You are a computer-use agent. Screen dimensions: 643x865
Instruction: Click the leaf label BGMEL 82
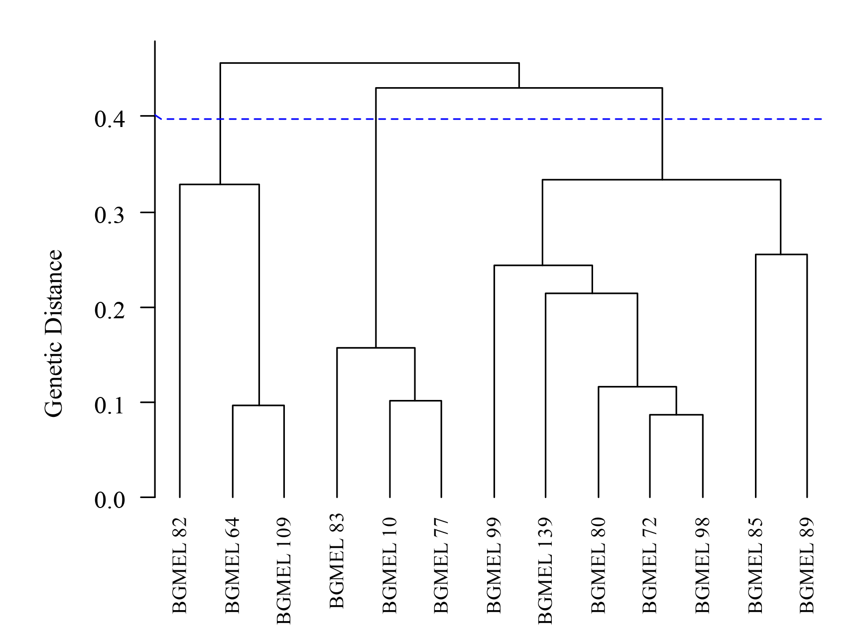coord(180,565)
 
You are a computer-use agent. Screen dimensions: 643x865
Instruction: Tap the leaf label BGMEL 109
coord(283,571)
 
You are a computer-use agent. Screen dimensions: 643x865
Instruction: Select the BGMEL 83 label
coord(337,560)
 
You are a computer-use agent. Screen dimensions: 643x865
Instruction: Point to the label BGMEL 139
coord(545,571)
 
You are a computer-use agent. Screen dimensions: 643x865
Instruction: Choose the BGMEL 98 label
coord(702,565)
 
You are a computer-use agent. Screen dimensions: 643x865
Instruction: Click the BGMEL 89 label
coord(807,565)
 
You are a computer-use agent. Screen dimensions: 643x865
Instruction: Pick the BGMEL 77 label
coord(441,565)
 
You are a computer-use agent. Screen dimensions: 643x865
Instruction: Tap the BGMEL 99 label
coord(494,565)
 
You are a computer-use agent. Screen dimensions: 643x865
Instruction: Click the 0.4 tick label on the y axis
coord(109,119)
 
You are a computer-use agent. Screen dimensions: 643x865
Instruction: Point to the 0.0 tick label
coord(109,500)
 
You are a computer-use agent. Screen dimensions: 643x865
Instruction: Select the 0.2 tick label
coord(109,310)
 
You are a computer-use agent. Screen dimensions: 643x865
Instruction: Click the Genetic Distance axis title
coord(54,333)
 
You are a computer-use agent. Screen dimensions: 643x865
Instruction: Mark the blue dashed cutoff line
coord(498,119)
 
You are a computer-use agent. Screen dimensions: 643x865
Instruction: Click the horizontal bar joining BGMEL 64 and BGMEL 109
coord(258,405)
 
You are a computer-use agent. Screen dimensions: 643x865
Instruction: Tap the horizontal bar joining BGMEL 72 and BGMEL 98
coord(676,414)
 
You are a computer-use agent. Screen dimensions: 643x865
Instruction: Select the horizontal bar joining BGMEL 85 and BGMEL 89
coord(781,255)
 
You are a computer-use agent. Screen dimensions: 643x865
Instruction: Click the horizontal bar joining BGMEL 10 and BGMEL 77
coord(415,400)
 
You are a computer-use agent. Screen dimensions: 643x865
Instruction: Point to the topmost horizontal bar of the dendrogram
coord(370,63)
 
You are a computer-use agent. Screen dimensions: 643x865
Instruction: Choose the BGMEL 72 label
coord(650,565)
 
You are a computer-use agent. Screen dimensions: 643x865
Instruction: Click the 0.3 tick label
coord(109,215)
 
